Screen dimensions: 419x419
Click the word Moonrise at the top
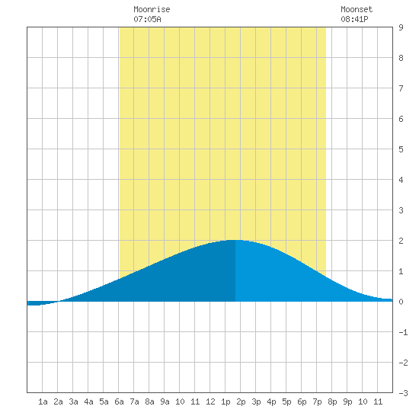pyautogui.click(x=152, y=9)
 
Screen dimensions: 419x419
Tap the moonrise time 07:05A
pyautogui.click(x=147, y=19)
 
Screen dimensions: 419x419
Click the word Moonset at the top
pyautogui.click(x=357, y=9)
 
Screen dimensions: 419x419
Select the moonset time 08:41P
pyautogui.click(x=354, y=19)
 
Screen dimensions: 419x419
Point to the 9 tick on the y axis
pyautogui.click(x=401, y=27)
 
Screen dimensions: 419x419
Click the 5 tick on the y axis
pyautogui.click(x=401, y=149)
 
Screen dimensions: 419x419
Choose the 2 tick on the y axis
pyautogui.click(x=401, y=241)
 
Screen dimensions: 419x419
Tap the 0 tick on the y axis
pyautogui.click(x=401, y=302)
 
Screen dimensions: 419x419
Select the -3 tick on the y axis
pyautogui.click(x=403, y=393)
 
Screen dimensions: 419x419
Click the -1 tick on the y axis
pyautogui.click(x=403, y=332)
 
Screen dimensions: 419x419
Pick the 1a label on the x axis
pyautogui.click(x=43, y=401)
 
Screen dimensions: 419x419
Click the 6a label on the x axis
pyautogui.click(x=119, y=401)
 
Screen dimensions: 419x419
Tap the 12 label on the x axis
pyautogui.click(x=210, y=401)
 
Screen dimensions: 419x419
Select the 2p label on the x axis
pyautogui.click(x=241, y=401)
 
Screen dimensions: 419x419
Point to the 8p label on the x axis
pyautogui.click(x=332, y=401)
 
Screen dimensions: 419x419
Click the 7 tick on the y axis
pyautogui.click(x=401, y=88)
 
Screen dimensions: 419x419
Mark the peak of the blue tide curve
pyautogui.click(x=235, y=240)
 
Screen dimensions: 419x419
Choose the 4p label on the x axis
pyautogui.click(x=271, y=401)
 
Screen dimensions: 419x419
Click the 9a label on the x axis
pyautogui.click(x=165, y=401)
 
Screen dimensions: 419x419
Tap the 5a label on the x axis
pyautogui.click(x=104, y=401)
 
